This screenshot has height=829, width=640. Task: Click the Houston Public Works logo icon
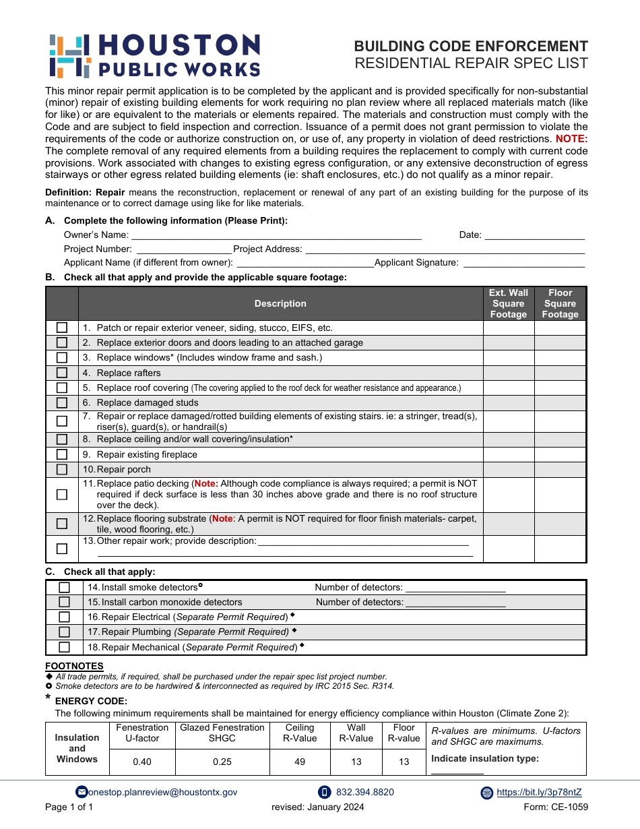69,56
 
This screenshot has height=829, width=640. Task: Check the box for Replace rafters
62,373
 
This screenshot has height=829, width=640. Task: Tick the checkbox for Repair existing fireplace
62,454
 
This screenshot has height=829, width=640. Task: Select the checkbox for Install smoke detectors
65,587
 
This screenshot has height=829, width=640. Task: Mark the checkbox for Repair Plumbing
65,632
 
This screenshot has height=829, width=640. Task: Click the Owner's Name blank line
276,235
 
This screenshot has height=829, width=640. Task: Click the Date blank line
534,235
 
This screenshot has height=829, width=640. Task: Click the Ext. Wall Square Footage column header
509,303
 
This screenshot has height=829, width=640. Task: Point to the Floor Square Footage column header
560,303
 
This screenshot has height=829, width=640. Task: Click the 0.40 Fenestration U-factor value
142,762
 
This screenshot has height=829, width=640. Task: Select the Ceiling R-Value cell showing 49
300,762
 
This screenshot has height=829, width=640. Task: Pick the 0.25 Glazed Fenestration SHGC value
222,762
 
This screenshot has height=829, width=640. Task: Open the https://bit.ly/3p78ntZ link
539,793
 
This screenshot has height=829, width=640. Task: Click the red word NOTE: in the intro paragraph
571,139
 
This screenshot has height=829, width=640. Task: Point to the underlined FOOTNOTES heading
74,667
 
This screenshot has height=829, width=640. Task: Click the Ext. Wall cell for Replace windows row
509,358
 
